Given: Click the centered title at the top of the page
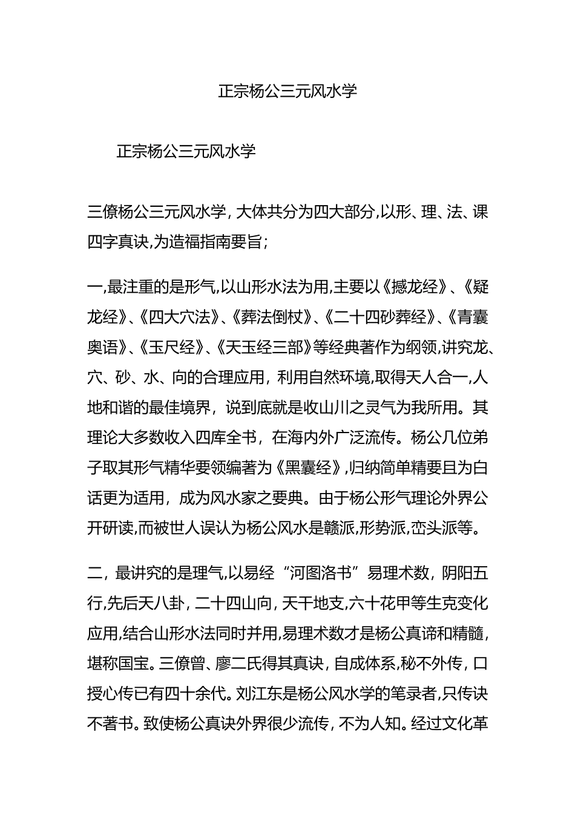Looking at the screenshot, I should (287, 91).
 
